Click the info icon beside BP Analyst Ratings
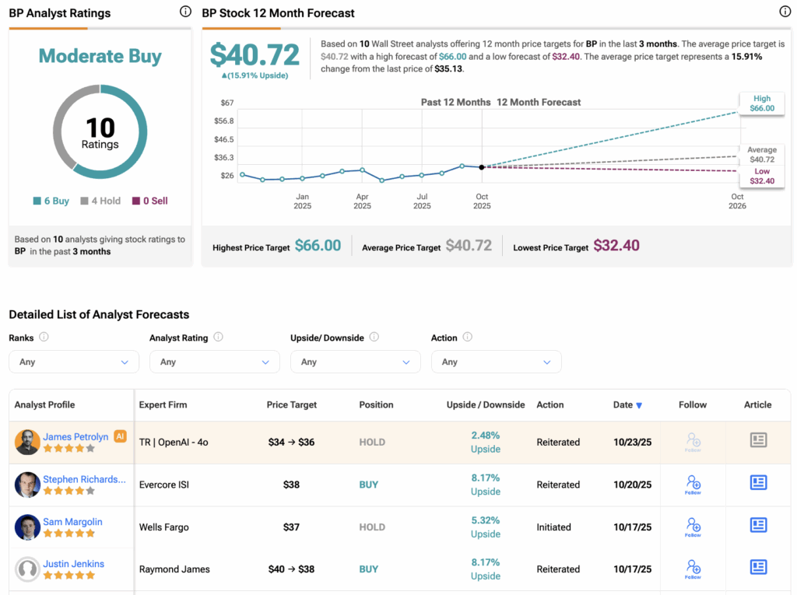click(184, 12)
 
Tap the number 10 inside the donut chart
click(100, 128)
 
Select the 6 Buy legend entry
click(51, 201)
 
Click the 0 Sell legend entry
click(149, 201)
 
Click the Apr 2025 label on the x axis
click(362, 201)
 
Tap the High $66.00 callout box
click(762, 103)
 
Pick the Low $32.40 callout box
click(762, 176)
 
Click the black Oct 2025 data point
click(482, 167)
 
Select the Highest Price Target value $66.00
click(318, 246)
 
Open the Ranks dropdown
click(74, 362)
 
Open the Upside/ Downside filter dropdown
click(355, 362)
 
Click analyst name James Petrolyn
click(76, 437)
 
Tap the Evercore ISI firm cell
click(164, 485)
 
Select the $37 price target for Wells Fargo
click(291, 527)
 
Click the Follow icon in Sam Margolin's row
click(693, 527)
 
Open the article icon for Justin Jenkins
click(758, 568)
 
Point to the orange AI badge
click(120, 436)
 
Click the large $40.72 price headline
click(255, 54)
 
